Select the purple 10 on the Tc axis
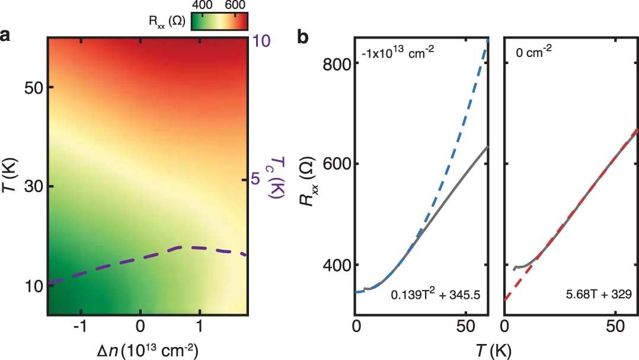(262, 40)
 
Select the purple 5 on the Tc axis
(256, 178)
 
